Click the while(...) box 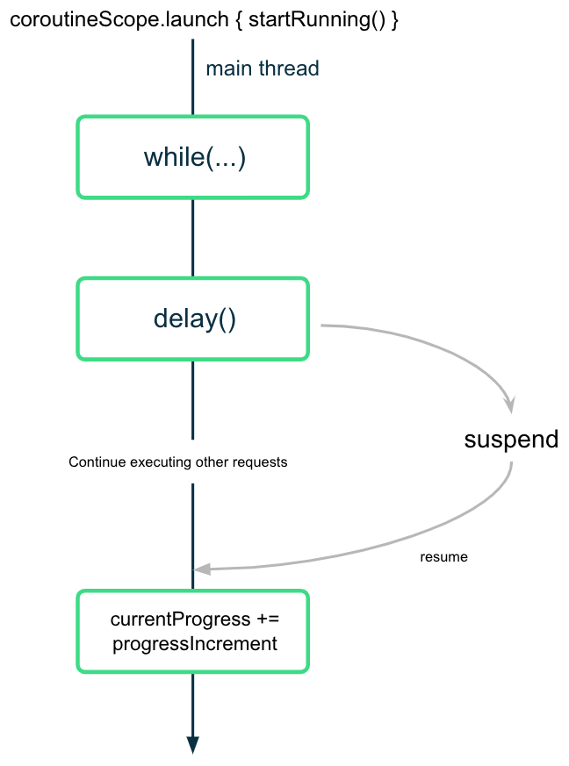[193, 157]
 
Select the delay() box [193, 319]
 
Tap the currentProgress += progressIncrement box [193, 632]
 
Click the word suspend [511, 439]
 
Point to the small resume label [443, 556]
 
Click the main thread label [263, 68]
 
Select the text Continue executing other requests [177, 462]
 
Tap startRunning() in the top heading [316, 19]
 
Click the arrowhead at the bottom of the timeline [193, 744]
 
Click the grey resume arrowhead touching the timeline [202, 569]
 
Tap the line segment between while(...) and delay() [193, 237]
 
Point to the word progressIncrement [195, 643]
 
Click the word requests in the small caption [262, 462]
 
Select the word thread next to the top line [290, 68]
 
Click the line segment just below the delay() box [193, 399]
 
